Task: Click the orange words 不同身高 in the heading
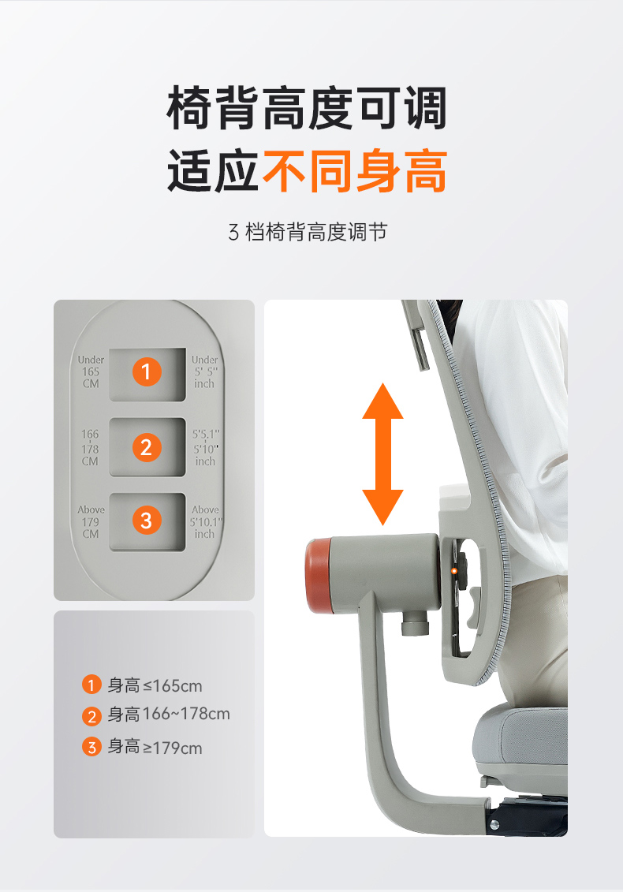(x=354, y=170)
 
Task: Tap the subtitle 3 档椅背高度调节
(x=308, y=232)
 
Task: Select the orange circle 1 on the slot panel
(x=147, y=371)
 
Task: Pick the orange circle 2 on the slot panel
(x=147, y=447)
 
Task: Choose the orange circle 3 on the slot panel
(x=147, y=521)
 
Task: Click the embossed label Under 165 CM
(x=91, y=371)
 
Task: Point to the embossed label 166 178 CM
(x=90, y=448)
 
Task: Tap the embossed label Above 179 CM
(x=91, y=521)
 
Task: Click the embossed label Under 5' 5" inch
(x=205, y=371)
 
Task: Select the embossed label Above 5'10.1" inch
(x=205, y=521)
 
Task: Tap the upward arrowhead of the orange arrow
(x=383, y=401)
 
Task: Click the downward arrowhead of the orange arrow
(x=383, y=507)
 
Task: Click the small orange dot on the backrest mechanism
(x=454, y=570)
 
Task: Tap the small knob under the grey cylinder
(x=414, y=624)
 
